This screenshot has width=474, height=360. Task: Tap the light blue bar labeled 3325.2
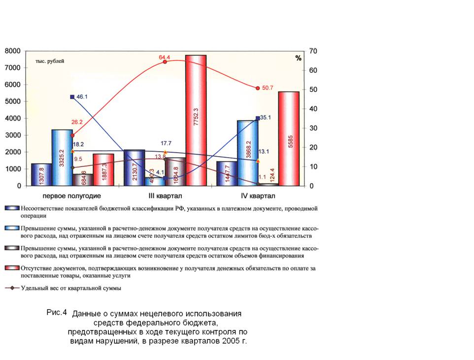(x=62, y=158)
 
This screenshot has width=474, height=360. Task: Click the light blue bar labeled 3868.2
(x=248, y=153)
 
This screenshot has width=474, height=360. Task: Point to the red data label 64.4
(x=164, y=57)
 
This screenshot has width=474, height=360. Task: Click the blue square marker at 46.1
(x=72, y=97)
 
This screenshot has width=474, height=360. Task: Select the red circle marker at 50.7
(x=258, y=88)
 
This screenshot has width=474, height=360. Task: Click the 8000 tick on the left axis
(x=13, y=51)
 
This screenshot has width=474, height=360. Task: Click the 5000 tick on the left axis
(x=13, y=102)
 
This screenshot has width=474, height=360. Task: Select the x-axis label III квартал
(x=164, y=196)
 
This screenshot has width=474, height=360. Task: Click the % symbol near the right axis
(x=298, y=58)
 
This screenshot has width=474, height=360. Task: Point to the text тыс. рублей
(x=49, y=61)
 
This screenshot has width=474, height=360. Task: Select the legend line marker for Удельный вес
(x=12, y=288)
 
